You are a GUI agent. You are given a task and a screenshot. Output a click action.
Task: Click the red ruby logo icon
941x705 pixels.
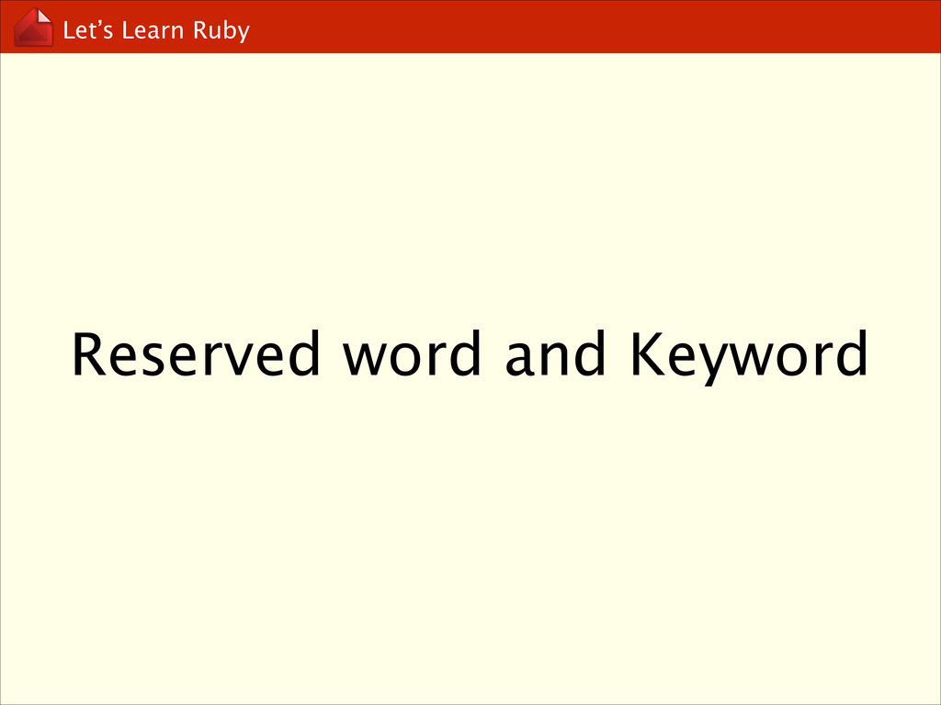[33, 27]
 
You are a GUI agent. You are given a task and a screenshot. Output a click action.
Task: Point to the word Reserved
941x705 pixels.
[196, 355]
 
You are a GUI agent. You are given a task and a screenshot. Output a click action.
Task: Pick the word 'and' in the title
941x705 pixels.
[554, 355]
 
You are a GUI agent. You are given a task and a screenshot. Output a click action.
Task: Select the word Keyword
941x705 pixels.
[747, 355]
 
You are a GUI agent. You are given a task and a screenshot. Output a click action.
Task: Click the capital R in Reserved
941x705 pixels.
[89, 355]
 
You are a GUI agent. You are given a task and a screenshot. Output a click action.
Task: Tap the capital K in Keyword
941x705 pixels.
[644, 355]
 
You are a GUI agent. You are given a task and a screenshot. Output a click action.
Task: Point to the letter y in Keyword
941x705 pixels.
[707, 362]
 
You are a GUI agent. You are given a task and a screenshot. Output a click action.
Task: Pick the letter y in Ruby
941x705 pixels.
[243, 34]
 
